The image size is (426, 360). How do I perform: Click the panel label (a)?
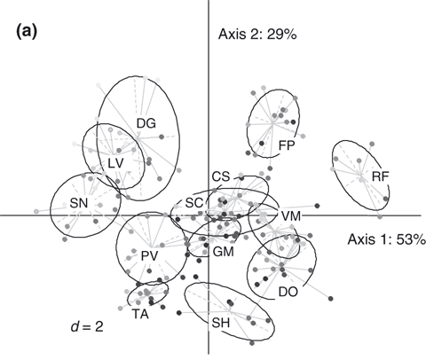point(27,31)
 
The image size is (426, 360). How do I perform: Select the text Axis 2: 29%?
point(257,35)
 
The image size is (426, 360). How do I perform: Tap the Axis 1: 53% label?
point(387,239)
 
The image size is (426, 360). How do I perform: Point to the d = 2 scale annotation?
point(87,326)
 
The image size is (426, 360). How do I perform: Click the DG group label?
point(146,123)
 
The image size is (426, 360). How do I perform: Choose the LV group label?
point(115,163)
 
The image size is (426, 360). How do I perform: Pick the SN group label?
point(79,203)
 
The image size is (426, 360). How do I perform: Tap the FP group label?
point(287,145)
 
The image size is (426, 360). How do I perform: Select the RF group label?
point(381,176)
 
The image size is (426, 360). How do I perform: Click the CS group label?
point(221,176)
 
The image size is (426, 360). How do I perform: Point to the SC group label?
point(194,203)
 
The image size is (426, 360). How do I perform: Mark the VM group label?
point(291,216)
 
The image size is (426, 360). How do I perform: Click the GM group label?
point(224,252)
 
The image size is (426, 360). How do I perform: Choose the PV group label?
point(149,256)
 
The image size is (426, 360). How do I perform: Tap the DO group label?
point(288,292)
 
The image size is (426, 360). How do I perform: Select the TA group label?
point(140,314)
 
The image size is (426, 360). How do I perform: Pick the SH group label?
point(221,323)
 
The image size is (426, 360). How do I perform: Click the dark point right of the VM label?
point(318,206)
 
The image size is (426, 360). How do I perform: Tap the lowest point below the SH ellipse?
point(252,343)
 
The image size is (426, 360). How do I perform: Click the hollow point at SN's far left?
point(36,211)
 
